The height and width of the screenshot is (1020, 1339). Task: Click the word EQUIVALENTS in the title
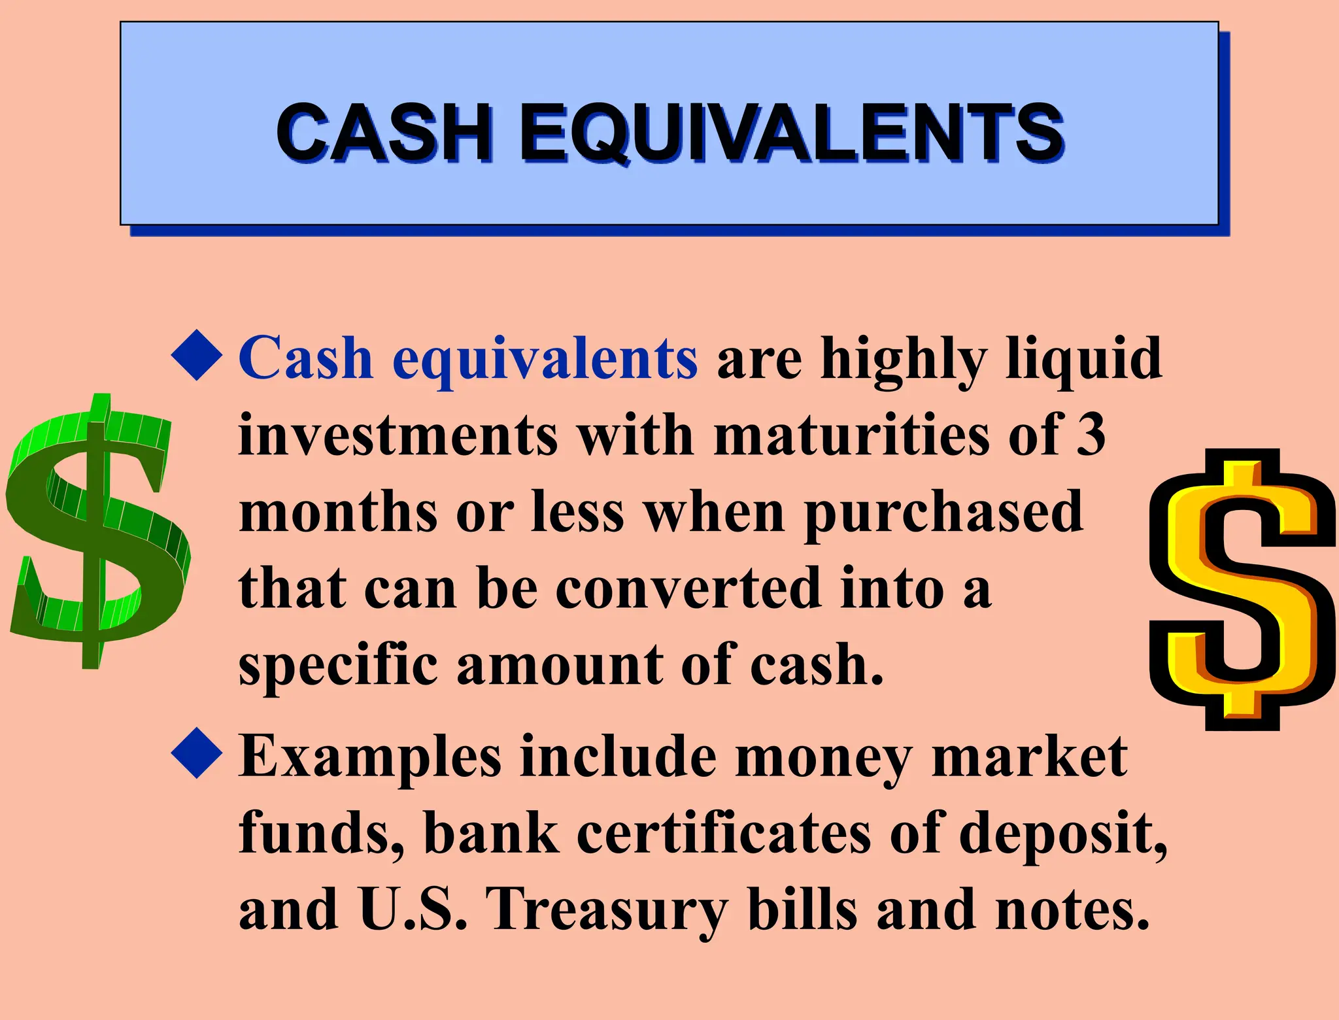click(791, 134)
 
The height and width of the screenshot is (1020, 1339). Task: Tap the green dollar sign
click(98, 530)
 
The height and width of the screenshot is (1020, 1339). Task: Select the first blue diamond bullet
click(197, 356)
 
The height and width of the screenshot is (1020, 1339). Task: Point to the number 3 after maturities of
click(1091, 434)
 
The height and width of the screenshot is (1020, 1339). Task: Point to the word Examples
click(369, 758)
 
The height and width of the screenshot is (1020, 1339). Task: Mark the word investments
click(398, 435)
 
